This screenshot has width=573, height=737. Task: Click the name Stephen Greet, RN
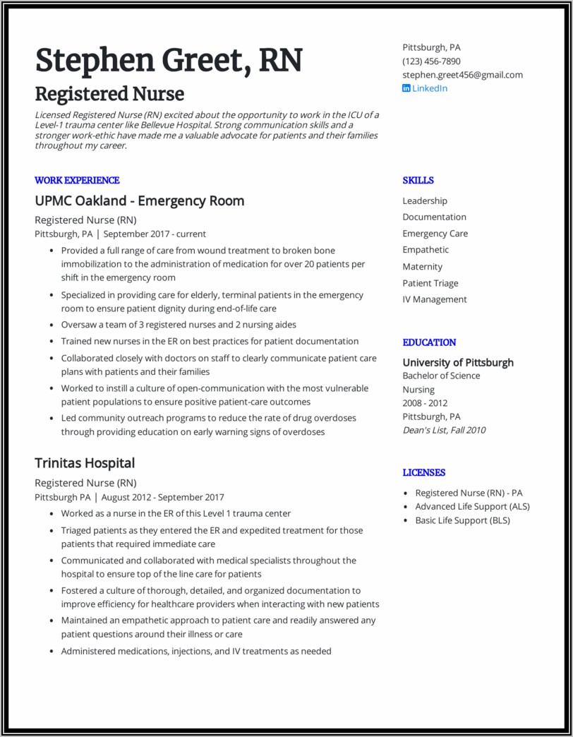click(169, 61)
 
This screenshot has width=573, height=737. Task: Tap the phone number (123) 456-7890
click(431, 61)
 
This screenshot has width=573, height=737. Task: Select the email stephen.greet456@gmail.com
click(462, 75)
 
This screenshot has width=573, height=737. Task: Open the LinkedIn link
click(429, 88)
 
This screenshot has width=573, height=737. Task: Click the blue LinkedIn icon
click(406, 88)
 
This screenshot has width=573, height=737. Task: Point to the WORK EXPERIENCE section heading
click(77, 180)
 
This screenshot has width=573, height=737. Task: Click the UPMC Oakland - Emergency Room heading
click(140, 201)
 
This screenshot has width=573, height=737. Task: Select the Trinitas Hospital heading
click(85, 463)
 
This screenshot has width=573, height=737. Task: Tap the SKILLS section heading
click(418, 180)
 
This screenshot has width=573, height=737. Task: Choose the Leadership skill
click(425, 201)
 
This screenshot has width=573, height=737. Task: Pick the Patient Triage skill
click(430, 283)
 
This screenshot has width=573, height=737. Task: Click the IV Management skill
click(435, 299)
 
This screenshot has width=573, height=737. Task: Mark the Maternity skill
click(423, 267)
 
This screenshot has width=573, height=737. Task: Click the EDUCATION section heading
click(429, 342)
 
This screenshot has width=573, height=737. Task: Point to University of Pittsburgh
click(458, 363)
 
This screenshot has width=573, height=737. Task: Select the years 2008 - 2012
click(425, 403)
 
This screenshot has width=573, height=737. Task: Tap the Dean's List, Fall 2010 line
click(444, 430)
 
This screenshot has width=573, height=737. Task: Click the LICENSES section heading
click(424, 472)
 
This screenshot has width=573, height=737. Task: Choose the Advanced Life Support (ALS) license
click(472, 507)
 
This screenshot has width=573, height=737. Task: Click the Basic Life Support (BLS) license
click(462, 520)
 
